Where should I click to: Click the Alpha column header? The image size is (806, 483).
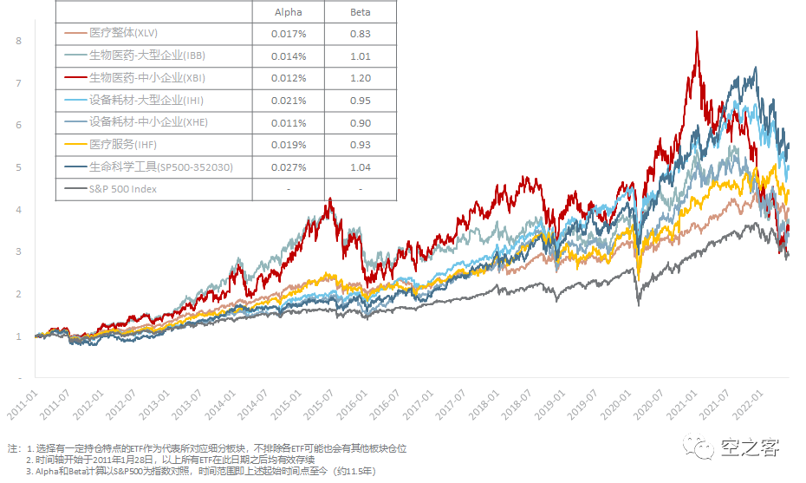coord(289,13)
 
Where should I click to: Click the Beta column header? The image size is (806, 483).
coord(361,13)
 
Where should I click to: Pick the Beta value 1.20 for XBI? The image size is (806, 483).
coord(361,78)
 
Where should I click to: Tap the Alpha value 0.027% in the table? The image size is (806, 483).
coord(289,166)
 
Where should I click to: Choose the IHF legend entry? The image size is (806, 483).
coord(122,144)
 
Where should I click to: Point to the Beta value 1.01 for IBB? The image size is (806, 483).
coord(361,56)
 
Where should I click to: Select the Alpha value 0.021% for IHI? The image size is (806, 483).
coord(289,101)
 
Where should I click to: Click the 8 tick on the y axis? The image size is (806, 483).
coord(18,41)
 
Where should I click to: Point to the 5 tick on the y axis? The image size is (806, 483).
coord(18,167)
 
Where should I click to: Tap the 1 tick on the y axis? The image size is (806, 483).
coord(18,336)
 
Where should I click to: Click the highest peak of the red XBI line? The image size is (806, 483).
coord(697,32)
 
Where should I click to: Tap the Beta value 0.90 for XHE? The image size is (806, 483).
coord(361,122)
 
